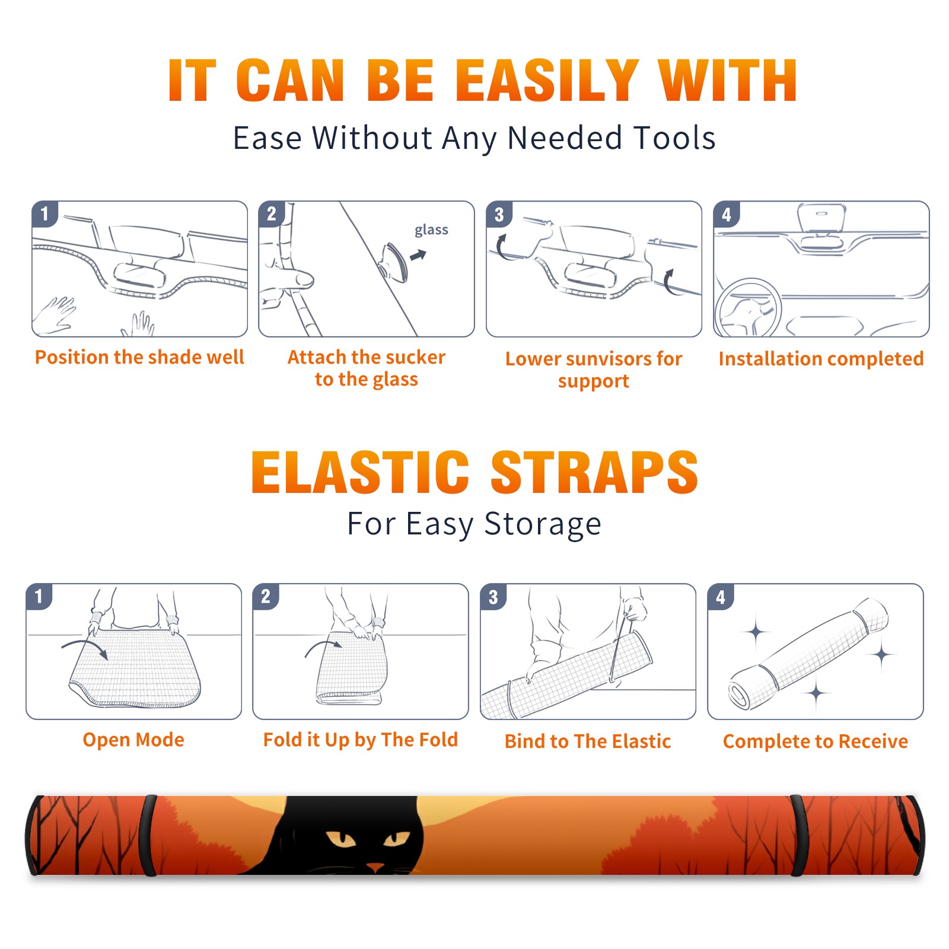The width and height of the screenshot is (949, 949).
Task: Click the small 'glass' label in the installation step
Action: pos(431,230)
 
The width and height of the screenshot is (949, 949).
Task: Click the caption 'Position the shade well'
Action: pos(139,357)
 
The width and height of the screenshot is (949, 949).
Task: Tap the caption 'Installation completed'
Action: pos(821,359)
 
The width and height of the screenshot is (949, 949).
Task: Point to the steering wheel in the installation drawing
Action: pos(748,308)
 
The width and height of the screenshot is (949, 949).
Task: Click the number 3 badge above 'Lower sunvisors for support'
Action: pos(499,214)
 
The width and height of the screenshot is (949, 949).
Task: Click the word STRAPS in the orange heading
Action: pos(594,472)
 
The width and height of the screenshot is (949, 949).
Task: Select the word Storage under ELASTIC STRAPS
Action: pos(543,524)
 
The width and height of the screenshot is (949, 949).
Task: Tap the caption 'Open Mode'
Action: pos(133,740)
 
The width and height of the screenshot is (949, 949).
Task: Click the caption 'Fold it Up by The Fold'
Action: pos(361,740)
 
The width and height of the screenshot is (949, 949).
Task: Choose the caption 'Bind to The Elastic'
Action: pos(588,741)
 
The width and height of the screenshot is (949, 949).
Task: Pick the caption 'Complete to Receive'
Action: pos(816,741)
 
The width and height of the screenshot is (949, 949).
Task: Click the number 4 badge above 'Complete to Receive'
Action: pos(721,597)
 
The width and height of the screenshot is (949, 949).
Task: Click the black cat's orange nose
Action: pos(375,867)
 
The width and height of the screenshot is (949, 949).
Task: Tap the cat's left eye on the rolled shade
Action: pos(340,839)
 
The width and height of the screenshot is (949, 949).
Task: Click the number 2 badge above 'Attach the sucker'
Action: pos(271,214)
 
